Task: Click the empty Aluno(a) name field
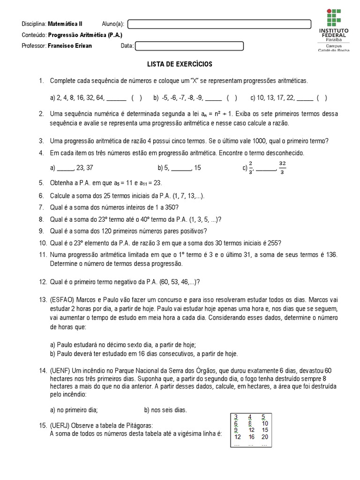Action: coord(219,24)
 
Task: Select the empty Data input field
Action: coord(189,46)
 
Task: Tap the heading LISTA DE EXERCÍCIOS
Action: coord(180,64)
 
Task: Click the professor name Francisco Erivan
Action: coord(70,46)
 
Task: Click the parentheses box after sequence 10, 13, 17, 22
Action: coord(322,98)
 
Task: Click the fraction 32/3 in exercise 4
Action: coord(282,167)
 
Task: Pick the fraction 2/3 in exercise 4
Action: coord(251,167)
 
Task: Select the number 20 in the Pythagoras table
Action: coord(264,437)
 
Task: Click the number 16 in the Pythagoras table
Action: coord(251,437)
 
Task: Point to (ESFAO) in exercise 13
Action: coord(63,299)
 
